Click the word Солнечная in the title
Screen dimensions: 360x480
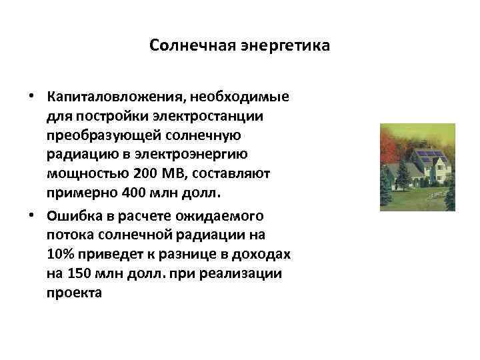[189, 46]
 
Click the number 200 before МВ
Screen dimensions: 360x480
[145, 174]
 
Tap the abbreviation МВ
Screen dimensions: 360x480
[172, 174]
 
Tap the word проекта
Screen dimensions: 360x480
[75, 293]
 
